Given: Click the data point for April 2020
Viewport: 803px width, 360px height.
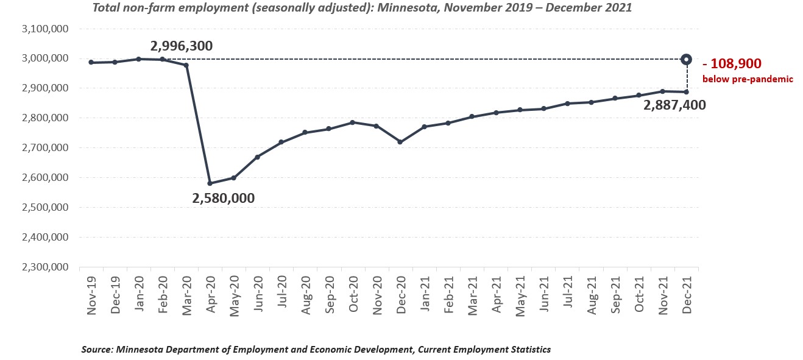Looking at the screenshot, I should coord(210,183).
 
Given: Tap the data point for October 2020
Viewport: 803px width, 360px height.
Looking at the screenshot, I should coord(353,122).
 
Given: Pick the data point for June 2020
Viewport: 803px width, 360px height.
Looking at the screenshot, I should coord(258,157).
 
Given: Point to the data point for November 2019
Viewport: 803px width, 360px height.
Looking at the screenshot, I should coord(91,62).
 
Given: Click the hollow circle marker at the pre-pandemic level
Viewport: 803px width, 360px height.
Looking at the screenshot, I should coord(686,59).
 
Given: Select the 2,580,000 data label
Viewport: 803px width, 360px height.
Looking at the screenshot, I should coord(224,198).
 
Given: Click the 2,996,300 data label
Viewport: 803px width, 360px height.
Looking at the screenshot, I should coord(182,46).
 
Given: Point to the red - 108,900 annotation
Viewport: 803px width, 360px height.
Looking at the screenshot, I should coord(732,63).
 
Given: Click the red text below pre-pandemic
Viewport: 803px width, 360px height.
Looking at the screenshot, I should coord(748,79).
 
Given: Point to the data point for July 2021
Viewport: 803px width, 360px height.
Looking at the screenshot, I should coord(567,104).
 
